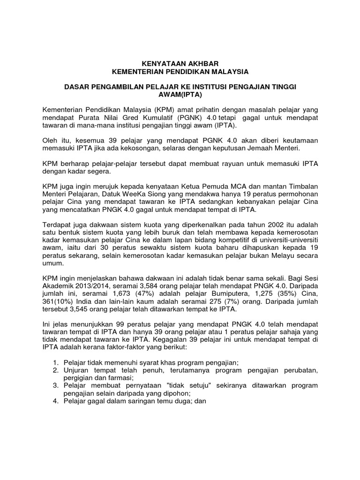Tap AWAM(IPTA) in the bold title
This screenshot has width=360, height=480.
[180, 95]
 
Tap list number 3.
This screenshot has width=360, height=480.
[55, 385]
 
